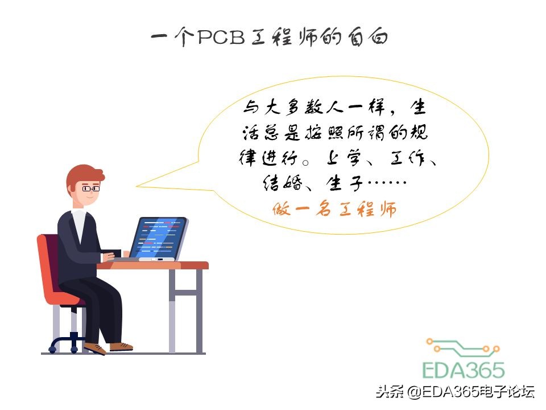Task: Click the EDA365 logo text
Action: (463, 370)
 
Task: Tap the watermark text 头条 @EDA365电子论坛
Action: (455, 392)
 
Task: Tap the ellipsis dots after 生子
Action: (387, 184)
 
